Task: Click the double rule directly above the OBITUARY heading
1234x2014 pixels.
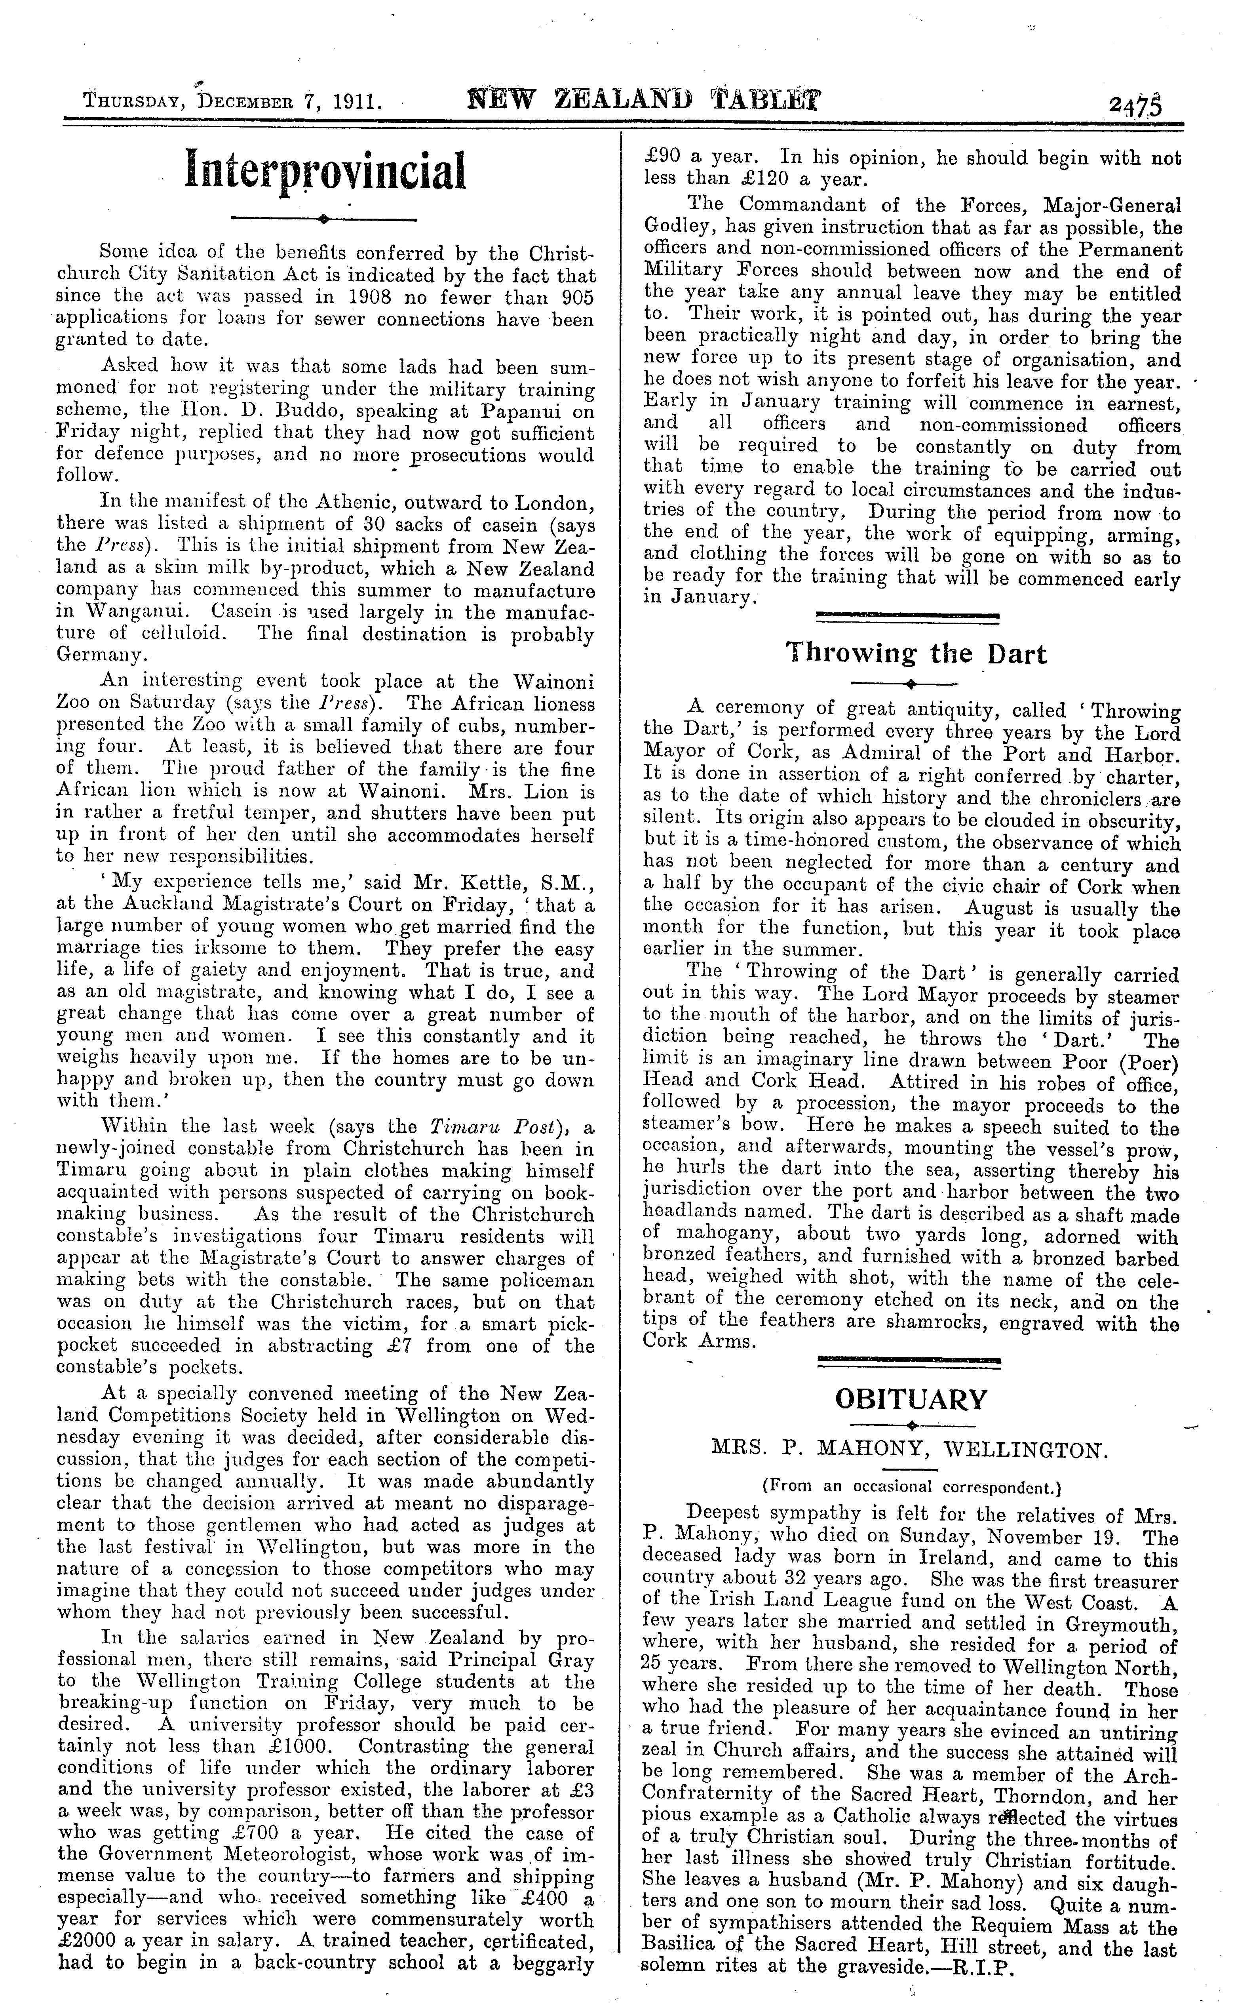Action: tap(909, 1360)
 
